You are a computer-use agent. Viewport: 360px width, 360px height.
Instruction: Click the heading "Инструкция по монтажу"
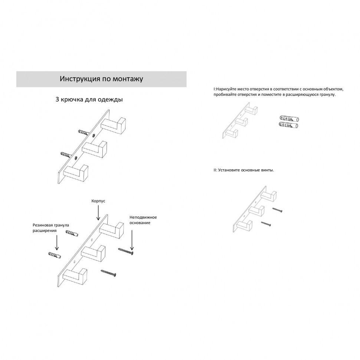coord(101,79)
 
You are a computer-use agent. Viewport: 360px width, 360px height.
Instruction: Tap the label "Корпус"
coord(98,201)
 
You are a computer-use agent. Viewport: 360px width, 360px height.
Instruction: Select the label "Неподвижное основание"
coord(143,220)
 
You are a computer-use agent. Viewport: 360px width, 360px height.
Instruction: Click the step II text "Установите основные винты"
coord(243,170)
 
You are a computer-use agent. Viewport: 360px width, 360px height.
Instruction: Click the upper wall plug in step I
coord(289,119)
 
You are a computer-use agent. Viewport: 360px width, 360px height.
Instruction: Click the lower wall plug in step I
coord(289,125)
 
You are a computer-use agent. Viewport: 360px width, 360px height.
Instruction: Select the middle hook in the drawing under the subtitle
coord(95,147)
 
